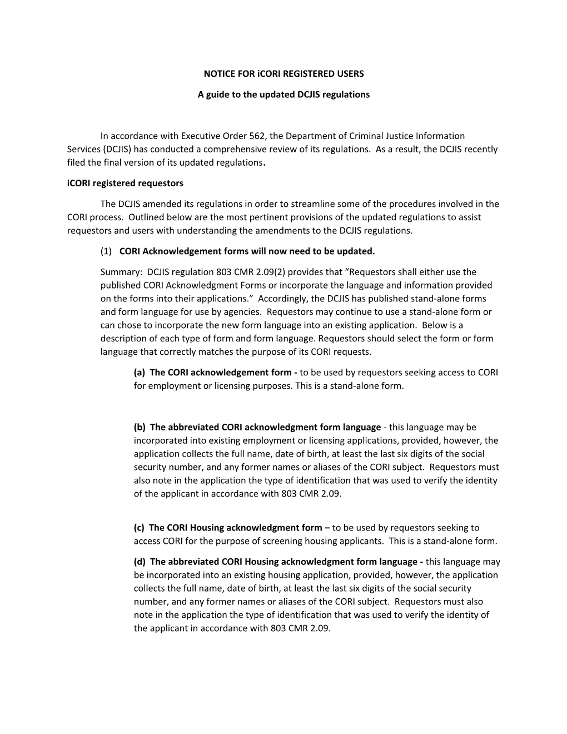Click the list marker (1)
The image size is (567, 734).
(106, 251)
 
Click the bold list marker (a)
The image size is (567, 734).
(140, 372)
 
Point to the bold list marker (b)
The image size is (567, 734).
(140, 427)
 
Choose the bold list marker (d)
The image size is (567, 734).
(140, 562)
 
